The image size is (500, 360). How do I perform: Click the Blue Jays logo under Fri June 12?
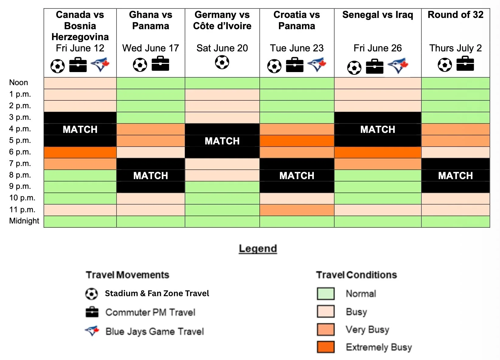100,64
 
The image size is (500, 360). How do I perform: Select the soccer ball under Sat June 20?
222,62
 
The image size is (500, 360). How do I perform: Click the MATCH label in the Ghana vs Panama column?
151,176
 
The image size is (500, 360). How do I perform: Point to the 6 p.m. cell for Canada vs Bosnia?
80,152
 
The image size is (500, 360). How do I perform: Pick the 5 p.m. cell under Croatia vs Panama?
297,141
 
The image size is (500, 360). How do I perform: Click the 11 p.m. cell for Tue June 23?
297,210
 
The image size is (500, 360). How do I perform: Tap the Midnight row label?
24,221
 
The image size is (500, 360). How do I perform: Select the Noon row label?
19,82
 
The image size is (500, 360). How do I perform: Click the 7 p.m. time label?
20,163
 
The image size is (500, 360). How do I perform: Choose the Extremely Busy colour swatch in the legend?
326,347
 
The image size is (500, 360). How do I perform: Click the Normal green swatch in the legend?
326,293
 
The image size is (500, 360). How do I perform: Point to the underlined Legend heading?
258,248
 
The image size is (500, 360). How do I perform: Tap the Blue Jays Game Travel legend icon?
92,331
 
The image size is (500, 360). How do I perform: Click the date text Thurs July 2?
455,48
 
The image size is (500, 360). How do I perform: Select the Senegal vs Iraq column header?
378,15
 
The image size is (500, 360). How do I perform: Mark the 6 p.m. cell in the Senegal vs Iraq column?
378,152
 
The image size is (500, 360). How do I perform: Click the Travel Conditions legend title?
356,275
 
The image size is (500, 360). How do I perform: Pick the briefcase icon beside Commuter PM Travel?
92,312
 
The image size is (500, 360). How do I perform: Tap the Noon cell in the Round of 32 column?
456,83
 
